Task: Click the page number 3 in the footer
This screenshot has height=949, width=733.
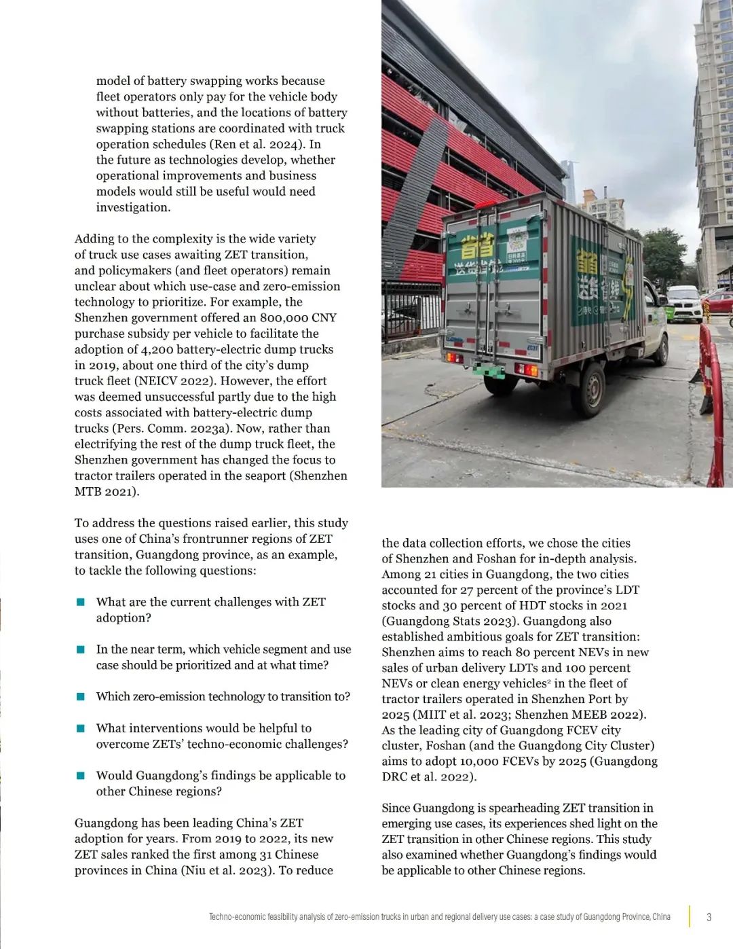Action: pos(709,917)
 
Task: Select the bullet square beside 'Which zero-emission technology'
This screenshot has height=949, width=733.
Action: pos(81,696)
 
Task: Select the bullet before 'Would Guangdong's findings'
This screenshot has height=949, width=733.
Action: pos(81,775)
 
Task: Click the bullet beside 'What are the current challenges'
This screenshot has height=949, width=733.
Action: pos(81,602)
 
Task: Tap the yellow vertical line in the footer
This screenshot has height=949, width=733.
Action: pos(690,916)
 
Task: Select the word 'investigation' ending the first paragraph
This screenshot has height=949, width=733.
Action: pos(132,208)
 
